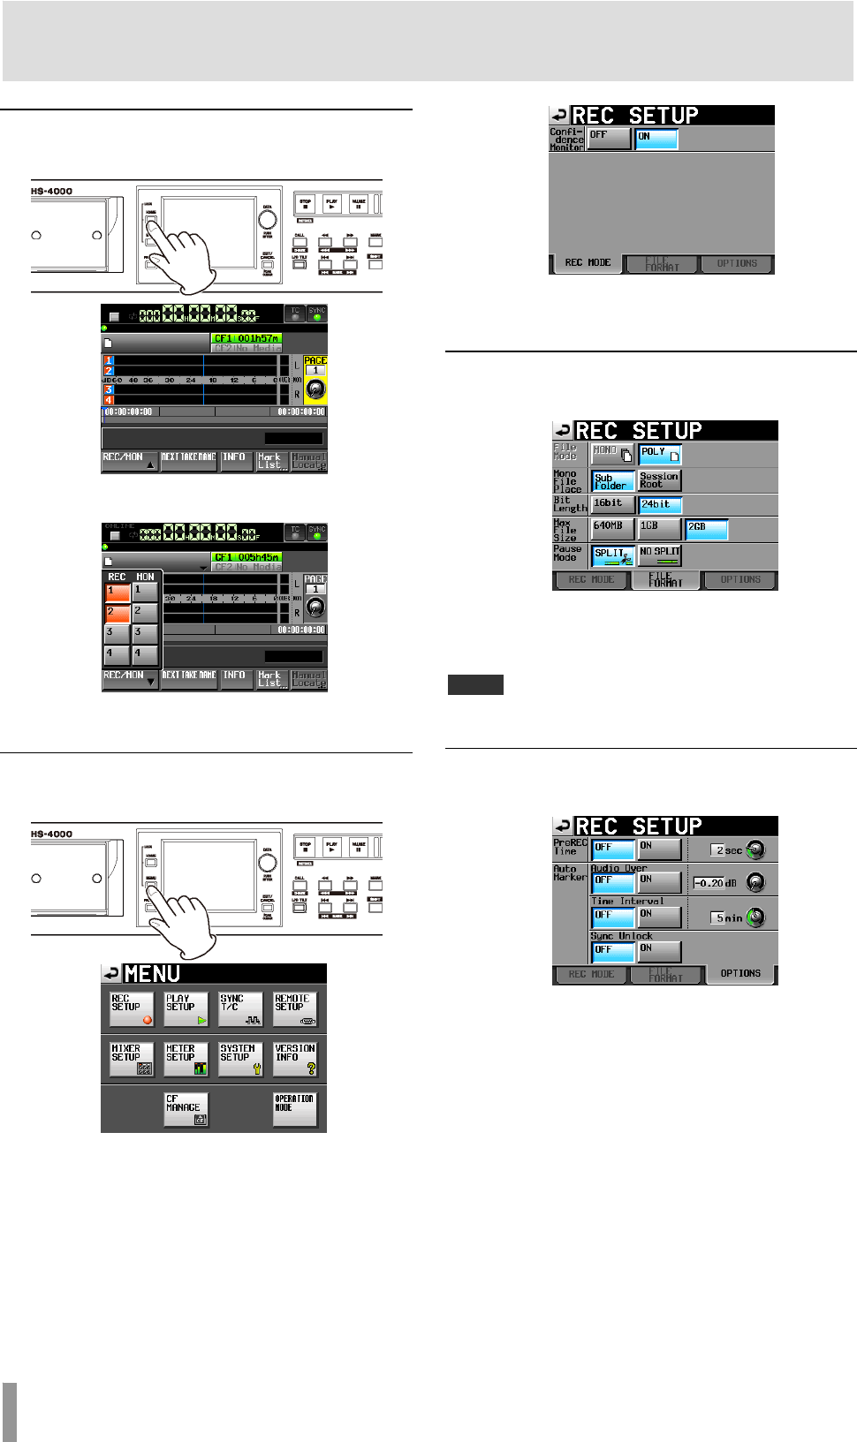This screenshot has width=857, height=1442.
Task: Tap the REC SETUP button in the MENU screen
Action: (x=132, y=1008)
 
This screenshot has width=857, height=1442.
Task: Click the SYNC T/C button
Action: (x=240, y=1008)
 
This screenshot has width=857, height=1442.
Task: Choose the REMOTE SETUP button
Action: (x=295, y=1008)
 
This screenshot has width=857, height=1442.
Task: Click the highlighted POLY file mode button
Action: (x=660, y=455)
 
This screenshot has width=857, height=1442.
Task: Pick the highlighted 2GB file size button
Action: (x=707, y=529)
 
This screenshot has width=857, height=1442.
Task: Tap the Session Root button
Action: (x=660, y=480)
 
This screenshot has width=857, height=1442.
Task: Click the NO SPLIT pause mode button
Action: (x=660, y=555)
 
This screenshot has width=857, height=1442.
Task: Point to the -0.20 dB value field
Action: (x=715, y=883)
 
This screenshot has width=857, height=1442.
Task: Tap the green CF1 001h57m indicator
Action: (x=246, y=338)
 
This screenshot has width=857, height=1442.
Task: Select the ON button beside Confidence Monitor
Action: (x=656, y=139)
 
